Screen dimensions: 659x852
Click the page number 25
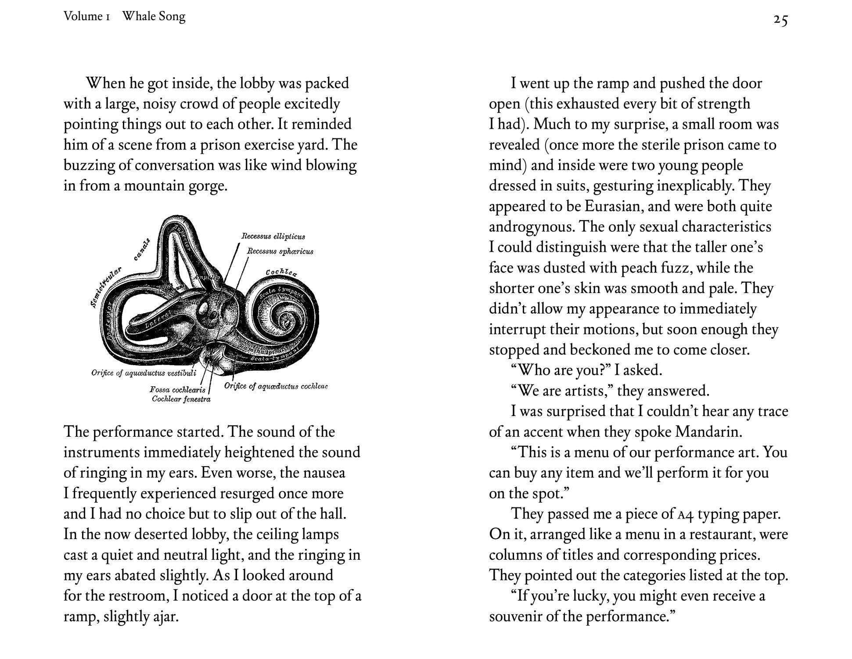click(x=780, y=20)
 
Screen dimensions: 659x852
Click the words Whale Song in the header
click(x=154, y=17)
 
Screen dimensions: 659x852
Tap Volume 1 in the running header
click(x=86, y=17)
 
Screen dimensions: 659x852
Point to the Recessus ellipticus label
click(x=273, y=236)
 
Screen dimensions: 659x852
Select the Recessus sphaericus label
click(x=280, y=251)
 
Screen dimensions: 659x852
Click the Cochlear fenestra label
click(x=181, y=399)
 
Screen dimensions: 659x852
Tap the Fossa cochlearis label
click(x=177, y=390)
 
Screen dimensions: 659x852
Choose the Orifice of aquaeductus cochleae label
click(x=276, y=386)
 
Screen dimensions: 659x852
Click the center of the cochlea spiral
click(x=288, y=321)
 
